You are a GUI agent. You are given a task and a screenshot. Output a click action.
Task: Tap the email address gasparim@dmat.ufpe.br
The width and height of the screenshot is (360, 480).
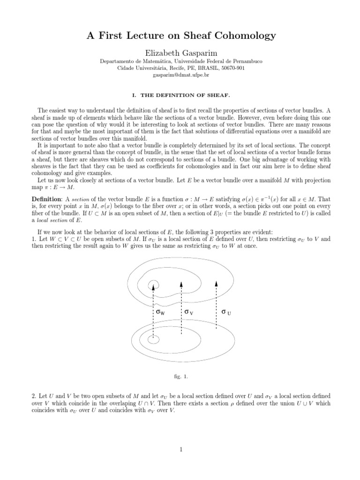tap(180, 75)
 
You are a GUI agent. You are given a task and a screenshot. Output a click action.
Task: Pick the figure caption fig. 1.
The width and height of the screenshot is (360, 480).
tap(180, 375)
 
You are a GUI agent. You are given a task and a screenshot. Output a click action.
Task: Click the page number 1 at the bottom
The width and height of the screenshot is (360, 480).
tap(180, 450)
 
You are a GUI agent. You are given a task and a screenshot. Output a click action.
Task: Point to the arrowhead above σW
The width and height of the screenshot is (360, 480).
tap(153, 287)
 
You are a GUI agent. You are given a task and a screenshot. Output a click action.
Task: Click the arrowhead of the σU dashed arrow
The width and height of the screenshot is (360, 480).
tap(216, 283)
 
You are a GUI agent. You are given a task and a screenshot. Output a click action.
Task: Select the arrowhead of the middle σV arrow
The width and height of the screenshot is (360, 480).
tap(181, 283)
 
